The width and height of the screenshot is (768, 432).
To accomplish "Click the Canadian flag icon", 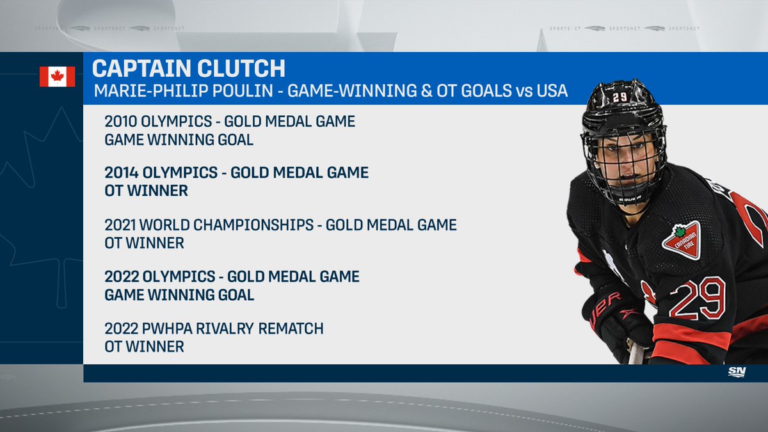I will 57,76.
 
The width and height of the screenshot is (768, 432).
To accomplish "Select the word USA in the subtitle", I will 548,90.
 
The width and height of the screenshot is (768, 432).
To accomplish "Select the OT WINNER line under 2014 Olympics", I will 146,191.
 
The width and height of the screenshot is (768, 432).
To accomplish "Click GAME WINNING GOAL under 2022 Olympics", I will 179,295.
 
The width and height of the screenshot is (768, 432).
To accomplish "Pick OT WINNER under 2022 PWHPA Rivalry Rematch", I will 144,347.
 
